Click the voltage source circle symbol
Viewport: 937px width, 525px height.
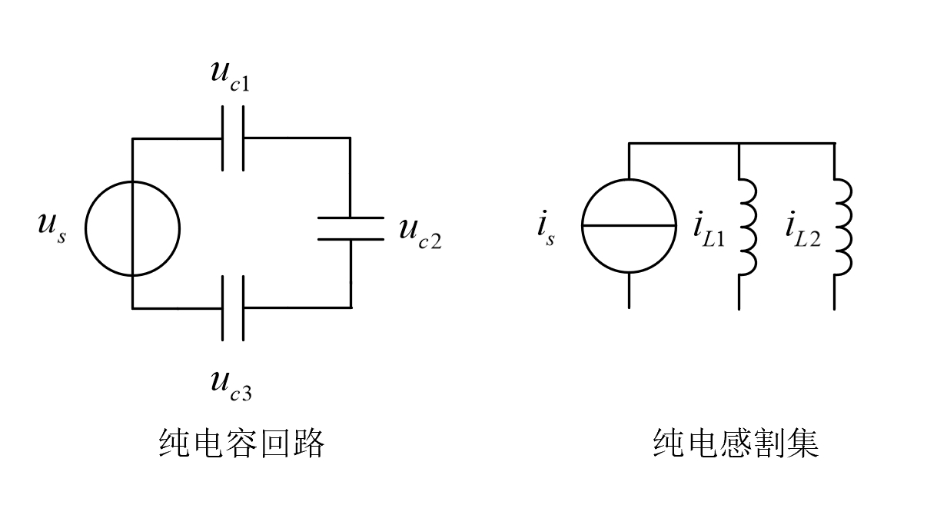(x=132, y=228)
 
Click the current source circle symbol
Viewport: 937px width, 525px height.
(x=629, y=226)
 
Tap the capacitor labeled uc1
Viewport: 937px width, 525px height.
(x=233, y=138)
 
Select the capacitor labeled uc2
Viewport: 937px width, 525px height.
(x=351, y=228)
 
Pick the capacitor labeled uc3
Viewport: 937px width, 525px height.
(x=233, y=307)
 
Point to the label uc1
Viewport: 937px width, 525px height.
(x=230, y=75)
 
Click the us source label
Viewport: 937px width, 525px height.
(x=52, y=229)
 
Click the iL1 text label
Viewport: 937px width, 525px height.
(x=709, y=229)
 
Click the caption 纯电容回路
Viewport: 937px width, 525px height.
(x=242, y=444)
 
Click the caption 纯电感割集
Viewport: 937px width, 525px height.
(x=736, y=444)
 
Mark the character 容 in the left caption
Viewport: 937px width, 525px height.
(x=242, y=444)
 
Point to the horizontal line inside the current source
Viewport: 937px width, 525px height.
(x=629, y=226)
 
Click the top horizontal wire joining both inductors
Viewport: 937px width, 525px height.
(x=786, y=143)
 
